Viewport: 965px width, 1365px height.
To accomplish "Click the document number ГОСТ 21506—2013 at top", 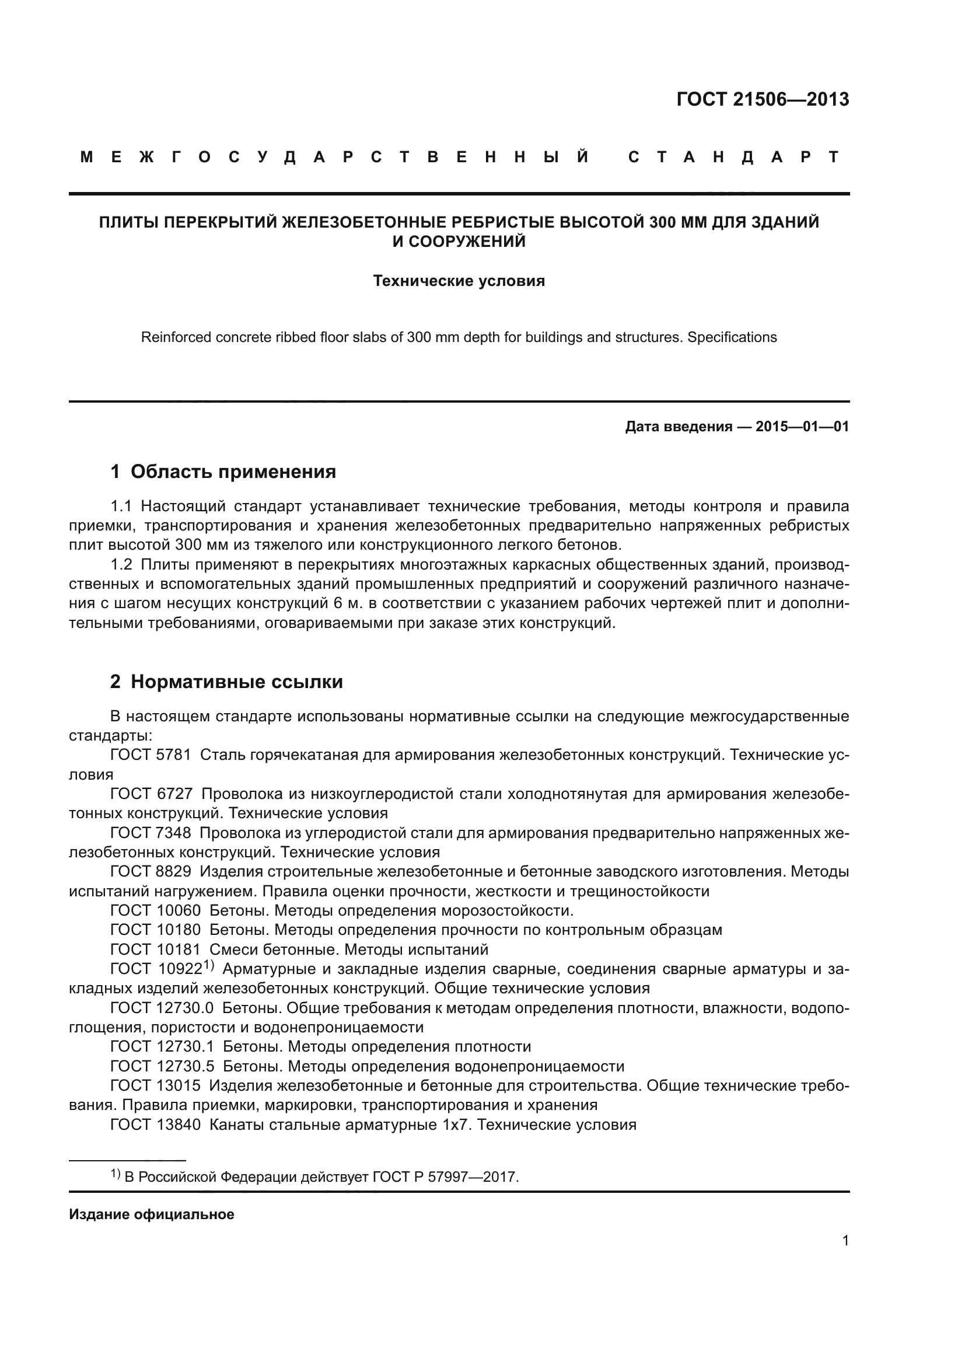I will pyautogui.click(x=763, y=99).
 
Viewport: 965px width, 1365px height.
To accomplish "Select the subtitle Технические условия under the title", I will pyautogui.click(x=459, y=281).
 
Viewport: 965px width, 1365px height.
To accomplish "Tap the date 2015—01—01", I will pyautogui.click(x=802, y=426).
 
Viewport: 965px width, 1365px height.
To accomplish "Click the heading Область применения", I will pyautogui.click(x=233, y=472).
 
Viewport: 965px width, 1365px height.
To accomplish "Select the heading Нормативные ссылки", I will pyautogui.click(x=236, y=681).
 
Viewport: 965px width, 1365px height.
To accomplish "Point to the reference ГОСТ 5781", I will pyautogui.click(x=151, y=755).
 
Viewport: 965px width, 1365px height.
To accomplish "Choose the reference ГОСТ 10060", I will pyautogui.click(x=156, y=910).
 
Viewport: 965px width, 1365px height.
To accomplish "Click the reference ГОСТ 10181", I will pyautogui.click(x=156, y=949).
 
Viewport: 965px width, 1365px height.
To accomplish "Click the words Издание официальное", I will pyautogui.click(x=152, y=1214).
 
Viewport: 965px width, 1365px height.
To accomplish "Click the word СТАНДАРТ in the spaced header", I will pyautogui.click(x=733, y=157).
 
